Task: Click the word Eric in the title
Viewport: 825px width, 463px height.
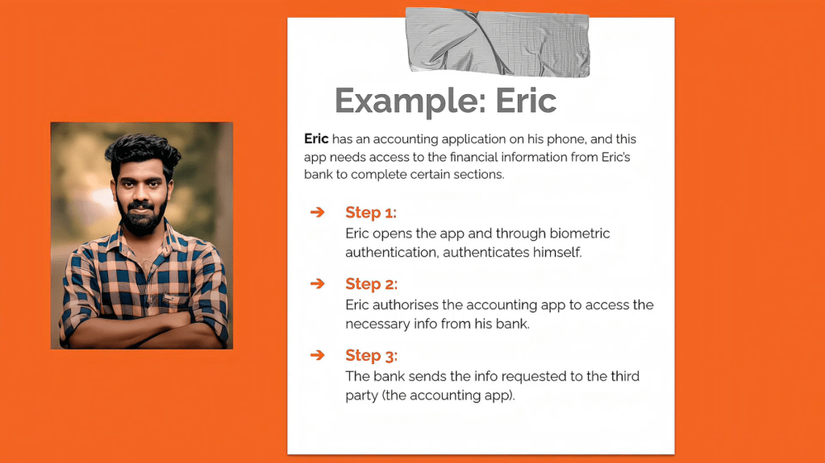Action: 526,100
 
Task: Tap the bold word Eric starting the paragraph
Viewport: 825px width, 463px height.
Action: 316,138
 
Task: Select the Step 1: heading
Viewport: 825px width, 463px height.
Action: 371,213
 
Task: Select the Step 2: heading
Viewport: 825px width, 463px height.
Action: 372,283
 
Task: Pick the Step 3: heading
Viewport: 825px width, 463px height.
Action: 372,355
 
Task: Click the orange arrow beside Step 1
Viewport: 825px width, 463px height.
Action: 317,212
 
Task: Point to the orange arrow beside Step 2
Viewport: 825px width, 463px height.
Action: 317,283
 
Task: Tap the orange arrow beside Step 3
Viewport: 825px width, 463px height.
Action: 317,355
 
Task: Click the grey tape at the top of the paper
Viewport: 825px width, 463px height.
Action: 498,42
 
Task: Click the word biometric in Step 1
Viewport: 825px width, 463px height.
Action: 579,234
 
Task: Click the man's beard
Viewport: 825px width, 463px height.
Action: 141,217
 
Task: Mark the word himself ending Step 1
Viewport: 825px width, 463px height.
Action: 557,253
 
